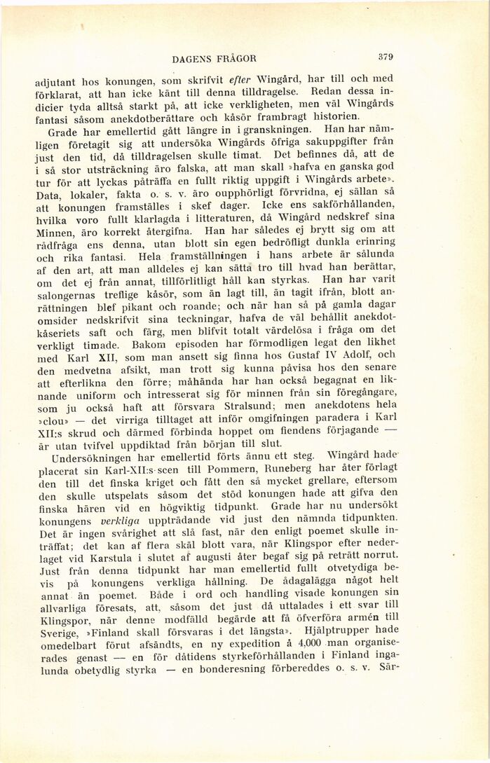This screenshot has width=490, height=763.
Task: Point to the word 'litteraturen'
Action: (x=240, y=219)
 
